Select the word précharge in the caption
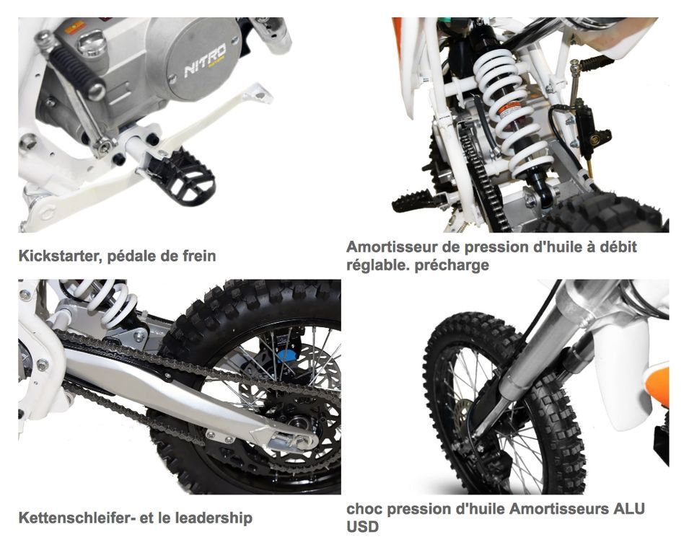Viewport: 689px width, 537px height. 452,265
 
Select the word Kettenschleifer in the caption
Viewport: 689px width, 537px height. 74,518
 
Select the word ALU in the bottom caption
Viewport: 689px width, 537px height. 628,509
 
